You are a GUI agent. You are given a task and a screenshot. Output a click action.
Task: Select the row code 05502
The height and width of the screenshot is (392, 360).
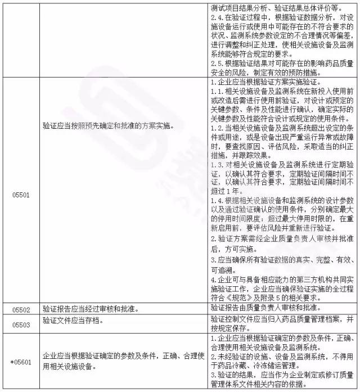coord(20,309)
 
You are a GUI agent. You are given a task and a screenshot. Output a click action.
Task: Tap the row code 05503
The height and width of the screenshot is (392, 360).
coord(20,323)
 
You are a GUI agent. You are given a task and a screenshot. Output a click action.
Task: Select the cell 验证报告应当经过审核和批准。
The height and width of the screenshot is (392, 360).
coord(89,309)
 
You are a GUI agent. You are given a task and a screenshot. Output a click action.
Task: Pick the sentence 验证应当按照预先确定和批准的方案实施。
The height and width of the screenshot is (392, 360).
coord(107,125)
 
